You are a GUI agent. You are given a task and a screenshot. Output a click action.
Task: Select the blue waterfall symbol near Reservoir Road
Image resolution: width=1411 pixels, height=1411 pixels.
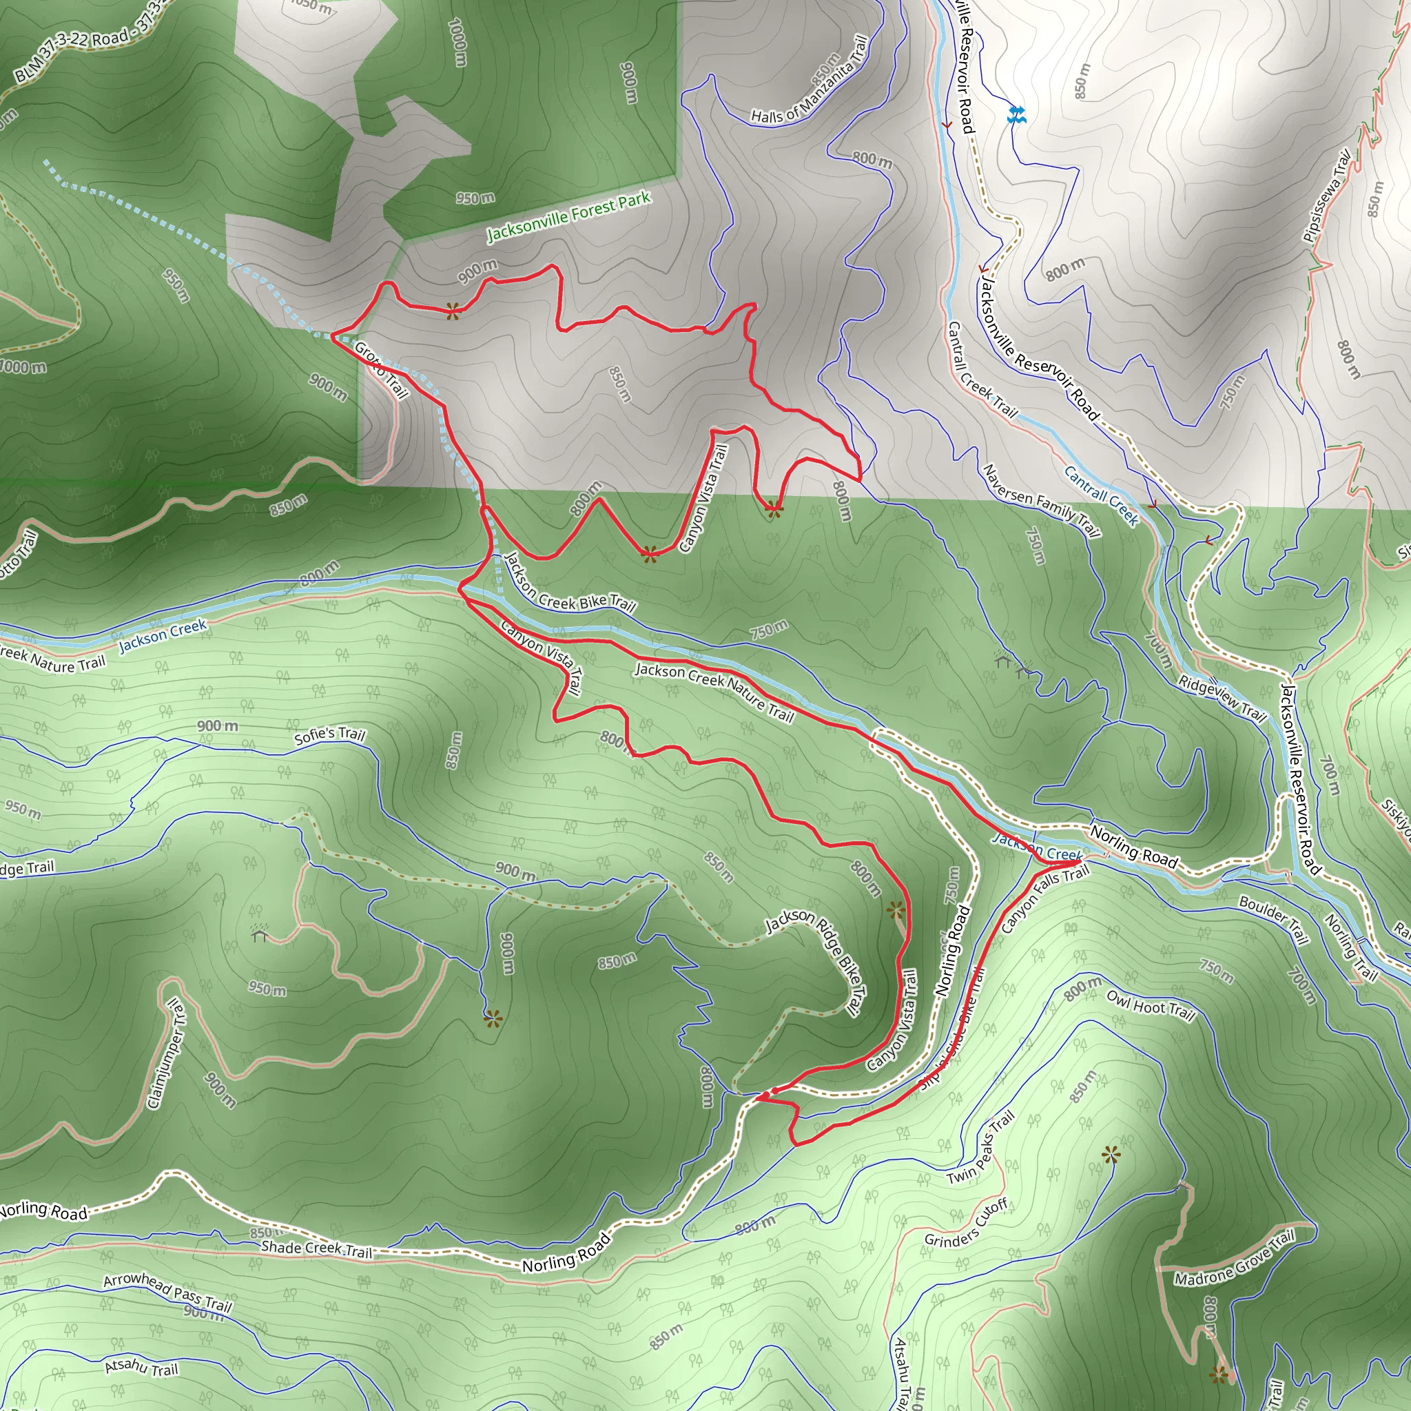pos(1016,114)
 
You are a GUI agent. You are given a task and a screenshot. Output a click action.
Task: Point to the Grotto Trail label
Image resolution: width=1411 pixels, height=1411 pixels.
pos(380,369)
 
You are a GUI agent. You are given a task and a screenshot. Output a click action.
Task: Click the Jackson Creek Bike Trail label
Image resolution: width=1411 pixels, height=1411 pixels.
pos(570,582)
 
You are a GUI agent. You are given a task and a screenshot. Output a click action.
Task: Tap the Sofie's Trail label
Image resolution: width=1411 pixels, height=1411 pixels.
pos(329,734)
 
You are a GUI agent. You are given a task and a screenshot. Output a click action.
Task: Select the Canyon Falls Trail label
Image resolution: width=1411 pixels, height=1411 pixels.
pos(1044,898)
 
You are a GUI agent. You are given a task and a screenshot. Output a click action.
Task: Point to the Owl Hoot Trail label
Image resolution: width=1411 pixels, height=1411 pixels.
pos(1151,1006)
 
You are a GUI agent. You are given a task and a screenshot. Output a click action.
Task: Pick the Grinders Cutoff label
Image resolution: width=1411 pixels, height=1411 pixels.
pos(966,1224)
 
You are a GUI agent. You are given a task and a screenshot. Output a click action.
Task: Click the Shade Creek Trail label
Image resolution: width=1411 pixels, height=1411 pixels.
pos(316,1249)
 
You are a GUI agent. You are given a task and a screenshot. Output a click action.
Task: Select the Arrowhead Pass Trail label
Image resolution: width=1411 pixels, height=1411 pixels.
pos(167,1292)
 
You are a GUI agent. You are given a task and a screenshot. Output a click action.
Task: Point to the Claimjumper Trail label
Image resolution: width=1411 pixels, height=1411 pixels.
pos(167,1054)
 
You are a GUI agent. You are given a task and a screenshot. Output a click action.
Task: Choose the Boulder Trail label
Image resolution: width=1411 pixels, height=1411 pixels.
pos(1273,918)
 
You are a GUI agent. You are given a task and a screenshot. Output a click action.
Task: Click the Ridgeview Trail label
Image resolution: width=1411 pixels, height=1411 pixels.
pos(1222,699)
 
